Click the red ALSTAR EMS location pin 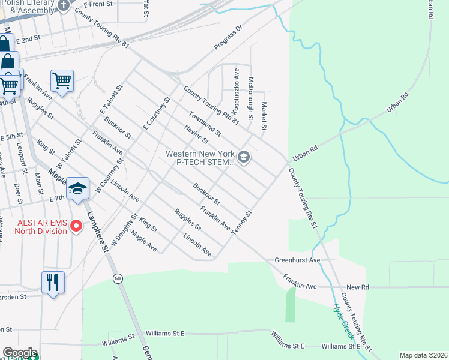coord(76,226)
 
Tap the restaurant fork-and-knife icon coord(53,281)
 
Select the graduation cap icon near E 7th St coord(77,188)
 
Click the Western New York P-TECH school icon coord(243,157)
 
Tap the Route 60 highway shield coord(118,278)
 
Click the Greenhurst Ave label coord(298,260)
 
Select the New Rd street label coord(357,287)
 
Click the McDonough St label coord(252,97)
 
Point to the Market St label coord(264,116)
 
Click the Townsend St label coord(205,124)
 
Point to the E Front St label coord(99,4)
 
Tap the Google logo coord(20,353)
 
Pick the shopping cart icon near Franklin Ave coord(62,80)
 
